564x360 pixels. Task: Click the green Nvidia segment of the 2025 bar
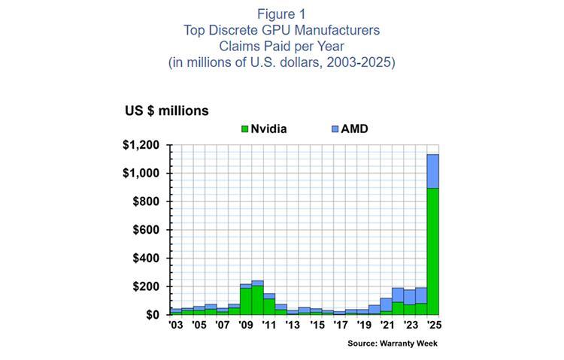point(433,252)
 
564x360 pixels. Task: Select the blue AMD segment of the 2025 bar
point(433,171)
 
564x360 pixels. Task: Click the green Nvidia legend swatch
point(245,129)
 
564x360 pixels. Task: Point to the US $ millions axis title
point(167,110)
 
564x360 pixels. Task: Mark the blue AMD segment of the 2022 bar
point(398,295)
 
